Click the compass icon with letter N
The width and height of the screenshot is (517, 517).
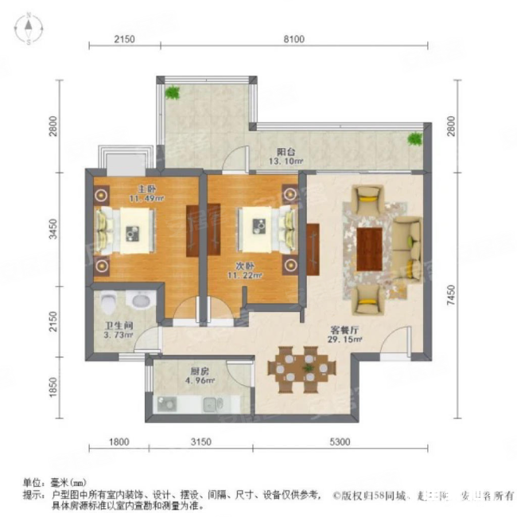point(29,30)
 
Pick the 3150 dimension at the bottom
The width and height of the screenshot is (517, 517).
point(199,443)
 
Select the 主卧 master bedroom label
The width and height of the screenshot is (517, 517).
point(123,190)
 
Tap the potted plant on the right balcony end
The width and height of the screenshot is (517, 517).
point(414,141)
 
